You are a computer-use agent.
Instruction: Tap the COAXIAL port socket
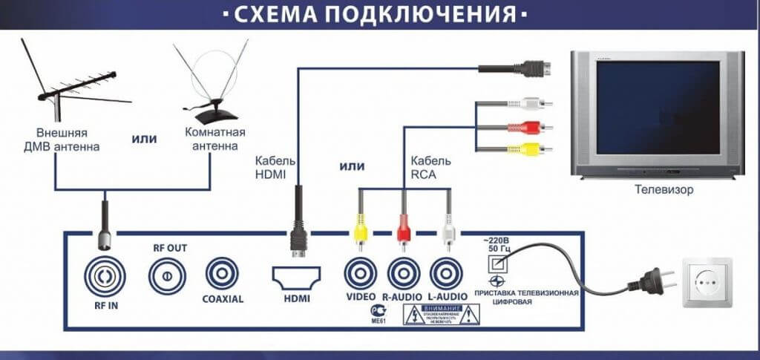[x=222, y=274]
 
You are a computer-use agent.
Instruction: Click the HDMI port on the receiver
[x=295, y=278]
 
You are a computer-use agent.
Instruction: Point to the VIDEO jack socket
[x=360, y=274]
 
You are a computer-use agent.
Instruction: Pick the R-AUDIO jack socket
[x=404, y=274]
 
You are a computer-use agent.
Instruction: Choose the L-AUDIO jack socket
[x=447, y=274]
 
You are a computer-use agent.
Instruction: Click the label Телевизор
[x=664, y=190]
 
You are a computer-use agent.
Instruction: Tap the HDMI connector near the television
[x=534, y=69]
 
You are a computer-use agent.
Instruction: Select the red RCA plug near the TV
[x=534, y=127]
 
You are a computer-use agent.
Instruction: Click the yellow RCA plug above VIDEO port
[x=360, y=226]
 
